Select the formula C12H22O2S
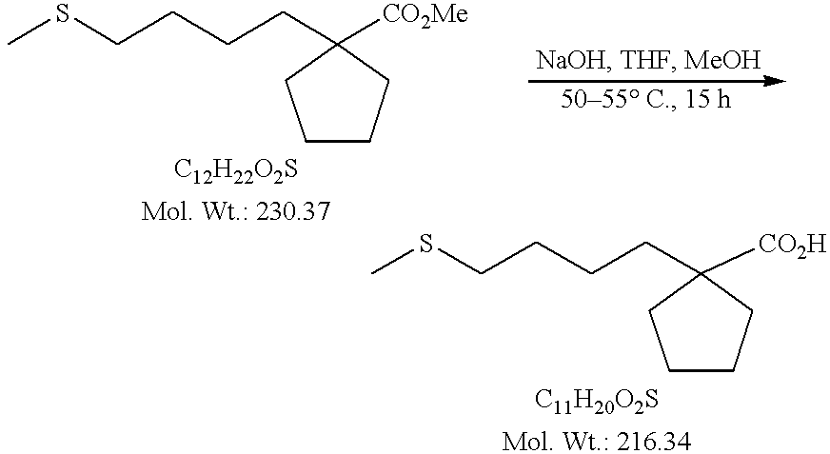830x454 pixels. click(x=235, y=171)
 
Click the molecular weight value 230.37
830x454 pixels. click(x=293, y=210)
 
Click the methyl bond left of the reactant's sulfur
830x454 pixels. click(x=29, y=33)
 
